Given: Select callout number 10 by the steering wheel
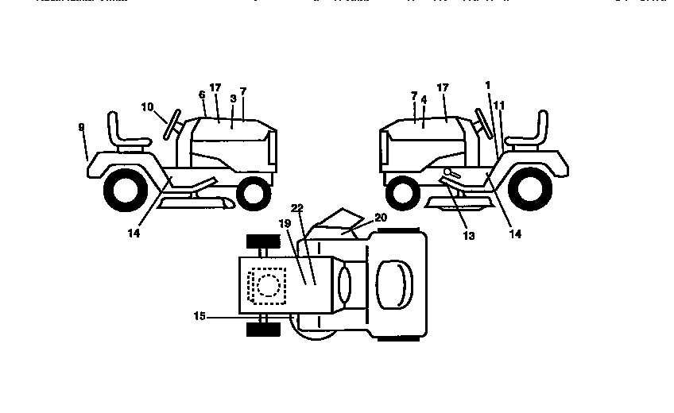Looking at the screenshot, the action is pos(148,106).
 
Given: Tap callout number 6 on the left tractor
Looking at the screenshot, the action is pos(202,95).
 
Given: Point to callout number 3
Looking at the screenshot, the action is pos(232,98).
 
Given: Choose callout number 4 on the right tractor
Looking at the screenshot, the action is pos(424,100).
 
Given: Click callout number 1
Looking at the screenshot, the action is pos(487,85).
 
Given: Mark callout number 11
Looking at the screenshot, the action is pos(499,104).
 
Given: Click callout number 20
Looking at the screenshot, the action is pos(380,217).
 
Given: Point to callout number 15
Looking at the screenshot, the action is pos(199,316).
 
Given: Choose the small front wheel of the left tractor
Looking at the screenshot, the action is pos(254,191).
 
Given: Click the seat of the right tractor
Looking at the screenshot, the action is pos(530,133).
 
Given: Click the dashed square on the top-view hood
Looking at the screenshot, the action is pos(267,284).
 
